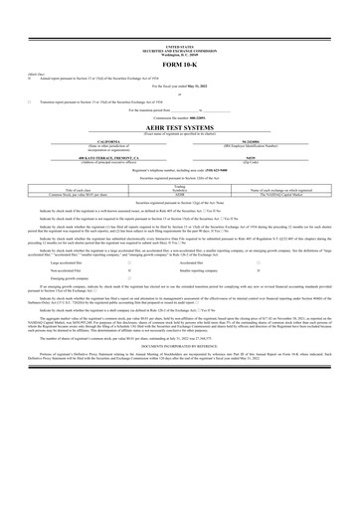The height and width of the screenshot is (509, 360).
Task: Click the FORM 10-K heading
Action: tap(180, 65)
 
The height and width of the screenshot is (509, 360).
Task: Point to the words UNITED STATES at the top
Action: tap(180, 46)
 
